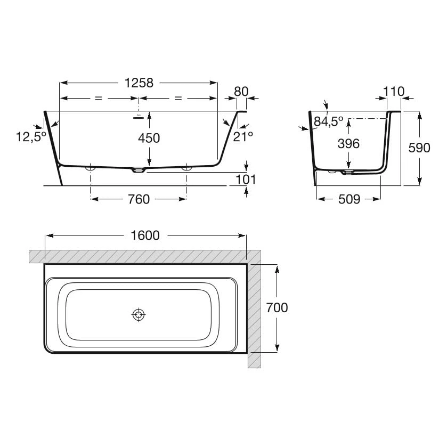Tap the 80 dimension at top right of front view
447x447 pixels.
click(x=241, y=91)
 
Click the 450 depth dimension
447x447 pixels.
click(x=149, y=139)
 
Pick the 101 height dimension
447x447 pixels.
click(x=246, y=179)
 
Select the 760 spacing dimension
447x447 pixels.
click(x=139, y=199)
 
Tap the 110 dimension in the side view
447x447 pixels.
click(x=394, y=91)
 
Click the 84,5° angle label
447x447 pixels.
click(x=328, y=122)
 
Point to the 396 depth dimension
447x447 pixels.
click(x=348, y=143)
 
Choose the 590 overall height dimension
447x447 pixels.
click(x=419, y=148)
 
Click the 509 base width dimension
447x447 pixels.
click(x=349, y=199)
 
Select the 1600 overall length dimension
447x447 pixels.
click(x=145, y=235)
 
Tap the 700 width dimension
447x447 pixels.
click(x=277, y=307)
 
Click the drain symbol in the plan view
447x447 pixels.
click(x=139, y=315)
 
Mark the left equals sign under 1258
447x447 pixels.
click(x=97, y=99)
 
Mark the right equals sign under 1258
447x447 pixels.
click(x=178, y=99)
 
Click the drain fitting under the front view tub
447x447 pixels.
click(x=139, y=170)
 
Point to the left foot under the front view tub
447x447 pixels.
click(x=90, y=168)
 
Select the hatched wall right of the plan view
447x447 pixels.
click(x=254, y=314)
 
